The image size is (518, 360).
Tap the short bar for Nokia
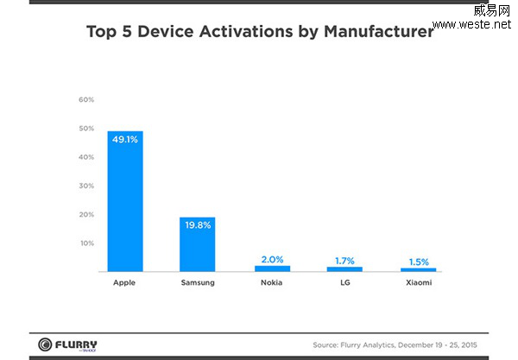(272, 268)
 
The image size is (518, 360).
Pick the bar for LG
(345, 269)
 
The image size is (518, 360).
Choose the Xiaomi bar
(419, 269)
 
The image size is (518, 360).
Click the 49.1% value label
(125, 139)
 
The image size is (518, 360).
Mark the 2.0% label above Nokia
(272, 259)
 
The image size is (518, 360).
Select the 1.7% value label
(345, 260)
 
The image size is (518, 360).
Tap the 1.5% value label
(419, 261)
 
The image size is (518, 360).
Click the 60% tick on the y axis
(86, 100)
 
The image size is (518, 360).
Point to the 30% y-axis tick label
(86, 186)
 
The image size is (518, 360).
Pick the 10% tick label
(86, 243)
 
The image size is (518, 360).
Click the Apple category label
(125, 282)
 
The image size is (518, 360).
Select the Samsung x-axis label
(198, 282)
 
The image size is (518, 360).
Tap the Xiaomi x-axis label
(419, 282)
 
